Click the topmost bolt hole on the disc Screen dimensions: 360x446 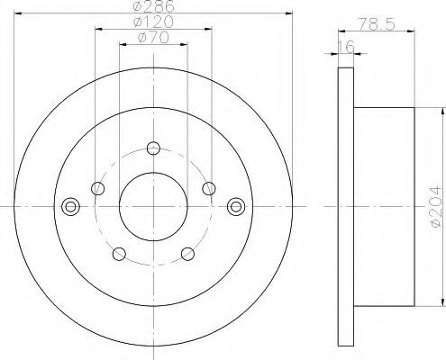[153, 148]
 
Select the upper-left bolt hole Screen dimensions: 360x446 [98, 188]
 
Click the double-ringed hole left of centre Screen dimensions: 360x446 [68, 206]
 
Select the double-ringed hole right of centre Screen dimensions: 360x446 [238, 206]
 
